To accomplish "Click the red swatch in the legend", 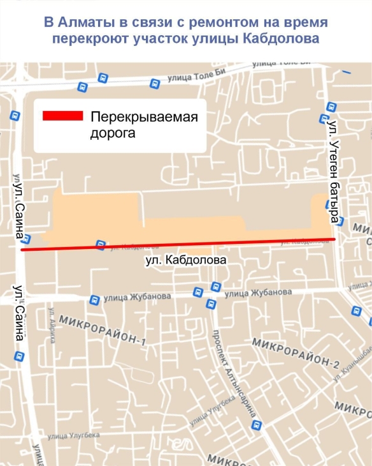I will coord(63,116).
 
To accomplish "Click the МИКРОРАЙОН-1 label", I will coord(102,329).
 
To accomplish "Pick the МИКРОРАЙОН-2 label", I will coord(296,352).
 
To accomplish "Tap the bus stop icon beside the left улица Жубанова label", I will coord(94,299).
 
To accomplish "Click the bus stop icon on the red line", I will coord(99,244).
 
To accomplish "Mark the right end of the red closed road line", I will coord(334,239).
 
